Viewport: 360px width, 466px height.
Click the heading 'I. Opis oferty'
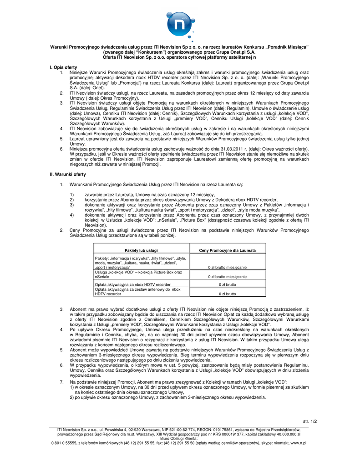coord(63,67)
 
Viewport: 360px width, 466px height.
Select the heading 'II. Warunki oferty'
coord(67,175)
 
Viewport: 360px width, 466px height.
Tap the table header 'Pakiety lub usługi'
coord(141,250)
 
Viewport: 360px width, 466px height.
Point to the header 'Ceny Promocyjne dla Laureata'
coord(228,250)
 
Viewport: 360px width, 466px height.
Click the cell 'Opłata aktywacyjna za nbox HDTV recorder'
coord(132,284)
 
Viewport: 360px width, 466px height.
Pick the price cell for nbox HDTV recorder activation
coord(228,284)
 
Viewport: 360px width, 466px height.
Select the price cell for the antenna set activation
coord(228,294)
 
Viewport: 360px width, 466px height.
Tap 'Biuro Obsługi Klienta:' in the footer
coord(180,438)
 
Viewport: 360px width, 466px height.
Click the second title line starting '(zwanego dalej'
coord(180,52)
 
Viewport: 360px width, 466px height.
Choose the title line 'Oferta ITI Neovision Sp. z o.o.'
coord(180,57)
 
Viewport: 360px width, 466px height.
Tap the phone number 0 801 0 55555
coord(65,442)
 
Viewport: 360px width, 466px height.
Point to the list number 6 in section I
coord(61,148)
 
